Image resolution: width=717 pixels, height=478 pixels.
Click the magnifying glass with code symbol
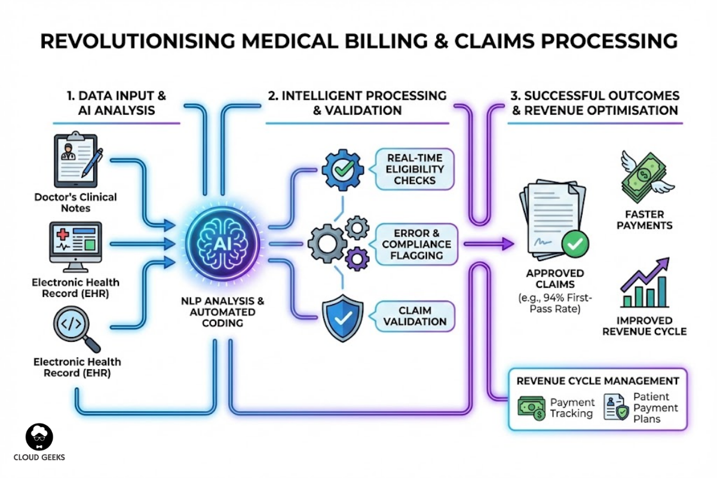73,328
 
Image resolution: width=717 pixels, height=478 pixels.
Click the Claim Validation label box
414,315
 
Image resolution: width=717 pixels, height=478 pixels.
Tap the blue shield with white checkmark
343,319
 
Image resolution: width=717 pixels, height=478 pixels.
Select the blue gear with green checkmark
342,170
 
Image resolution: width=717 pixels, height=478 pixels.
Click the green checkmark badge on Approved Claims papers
576,243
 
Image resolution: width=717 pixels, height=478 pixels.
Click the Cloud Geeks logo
39,438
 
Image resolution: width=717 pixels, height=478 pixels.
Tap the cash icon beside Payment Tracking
531,408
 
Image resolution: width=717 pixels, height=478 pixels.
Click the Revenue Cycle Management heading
597,381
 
